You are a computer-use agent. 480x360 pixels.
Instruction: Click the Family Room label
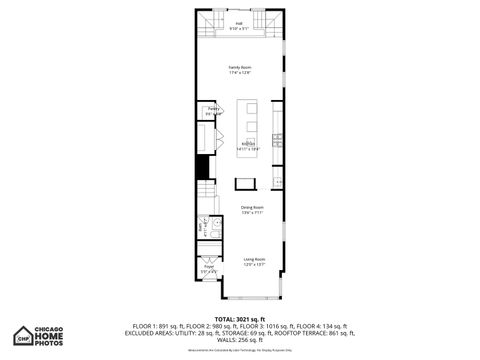click(x=240, y=67)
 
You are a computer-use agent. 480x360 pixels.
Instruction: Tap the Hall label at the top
click(x=240, y=23)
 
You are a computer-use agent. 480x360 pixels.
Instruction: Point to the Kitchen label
click(x=248, y=144)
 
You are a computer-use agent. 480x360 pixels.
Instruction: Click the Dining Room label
click(x=251, y=207)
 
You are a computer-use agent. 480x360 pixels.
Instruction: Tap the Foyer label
click(x=209, y=266)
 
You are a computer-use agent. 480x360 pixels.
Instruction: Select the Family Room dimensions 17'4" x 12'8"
click(x=240, y=72)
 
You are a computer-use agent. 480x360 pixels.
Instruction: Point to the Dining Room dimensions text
click(x=251, y=212)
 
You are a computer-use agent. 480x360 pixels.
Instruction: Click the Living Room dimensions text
click(x=252, y=264)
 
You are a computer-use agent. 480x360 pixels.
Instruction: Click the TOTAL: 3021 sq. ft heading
click(x=240, y=318)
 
